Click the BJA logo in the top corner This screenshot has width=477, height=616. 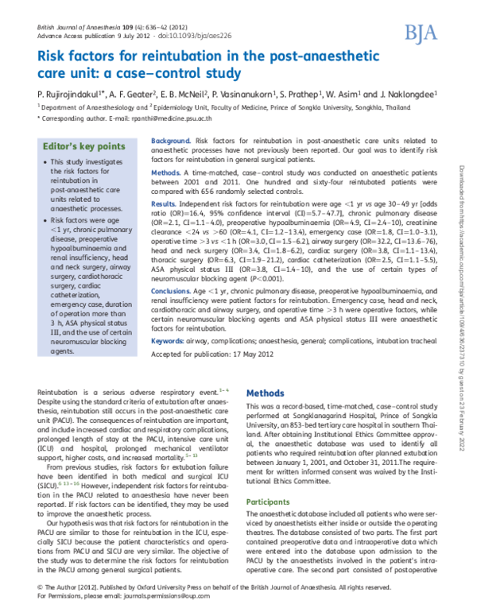point(420,33)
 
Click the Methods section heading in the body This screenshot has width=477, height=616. point(266,393)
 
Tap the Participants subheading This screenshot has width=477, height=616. point(268,502)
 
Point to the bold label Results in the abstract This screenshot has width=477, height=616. point(165,204)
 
